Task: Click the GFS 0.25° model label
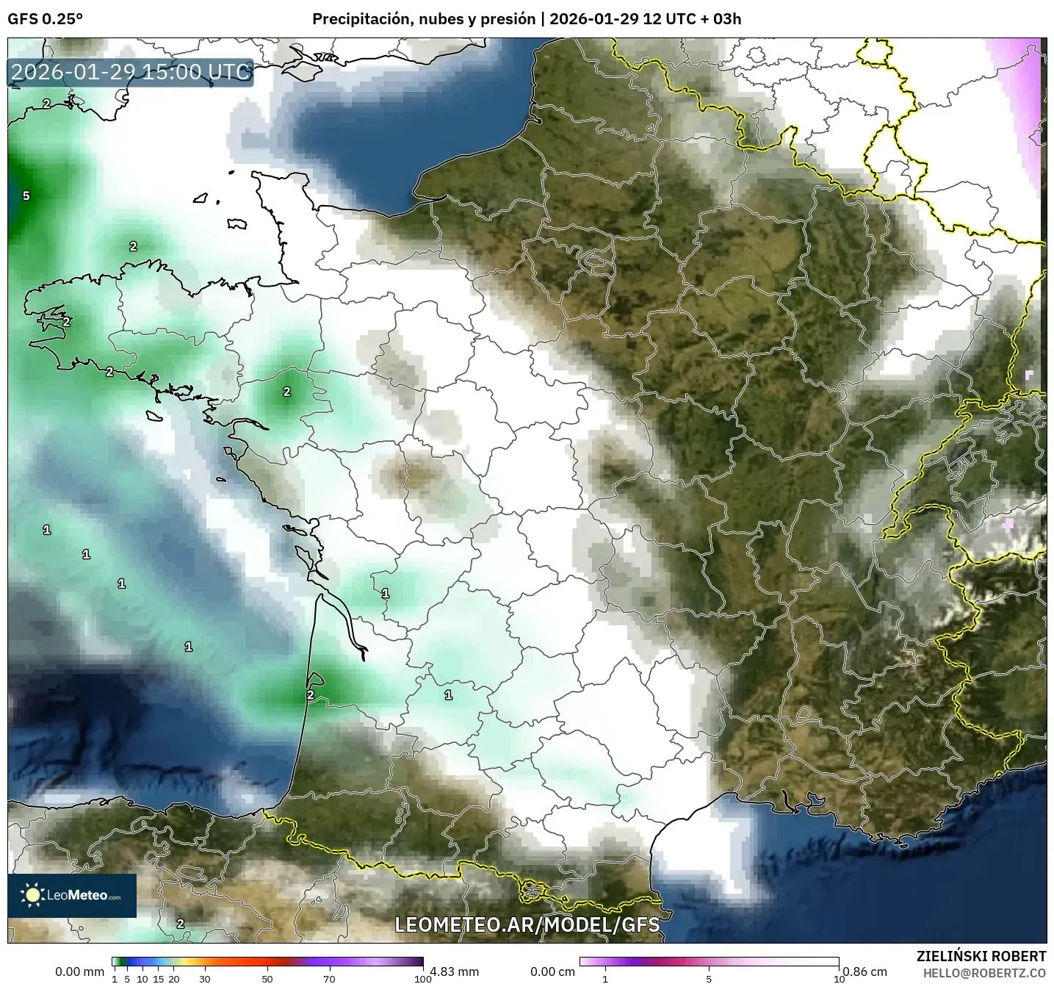pos(45,19)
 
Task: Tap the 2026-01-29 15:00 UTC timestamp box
pos(131,72)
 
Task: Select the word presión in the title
pos(509,19)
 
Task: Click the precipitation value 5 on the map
pos(26,195)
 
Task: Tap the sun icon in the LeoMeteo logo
pos(32,895)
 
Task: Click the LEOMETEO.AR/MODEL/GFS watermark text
pos(527,924)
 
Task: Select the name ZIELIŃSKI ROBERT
pos(981,956)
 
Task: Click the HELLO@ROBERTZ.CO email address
pos(984,972)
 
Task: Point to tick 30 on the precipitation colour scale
pos(205,978)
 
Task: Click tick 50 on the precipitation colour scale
pos(267,978)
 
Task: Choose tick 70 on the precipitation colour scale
pos(329,978)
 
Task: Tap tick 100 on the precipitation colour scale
pos(422,978)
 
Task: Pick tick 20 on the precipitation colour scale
pos(174,978)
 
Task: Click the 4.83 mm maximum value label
pos(455,972)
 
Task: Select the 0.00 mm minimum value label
pos(80,972)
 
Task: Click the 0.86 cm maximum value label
pos(865,972)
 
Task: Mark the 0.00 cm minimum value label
pos(552,972)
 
